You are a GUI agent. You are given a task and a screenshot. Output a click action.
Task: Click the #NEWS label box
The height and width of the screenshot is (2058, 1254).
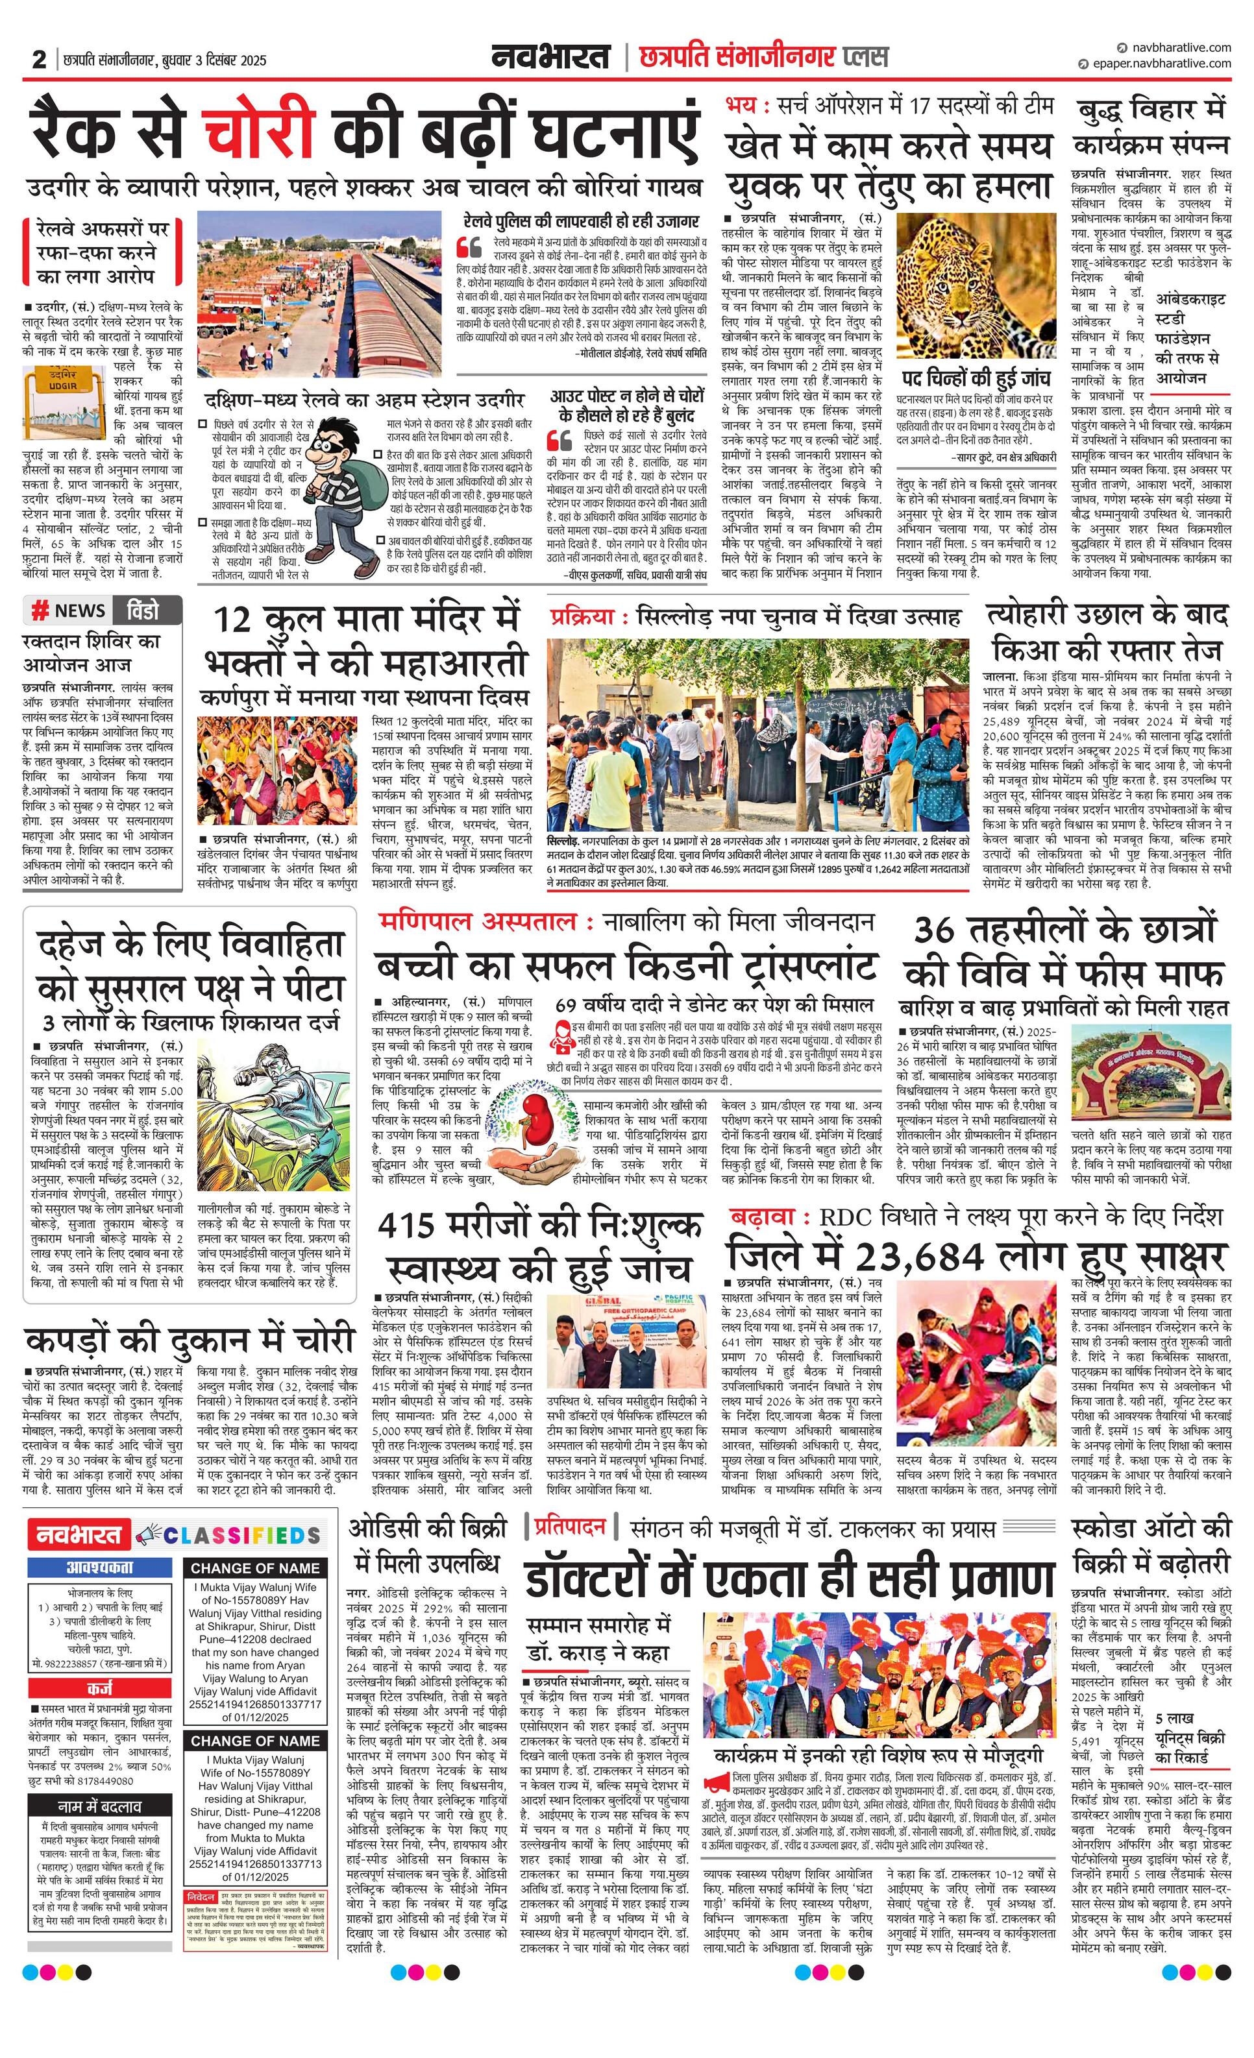click(68, 611)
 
